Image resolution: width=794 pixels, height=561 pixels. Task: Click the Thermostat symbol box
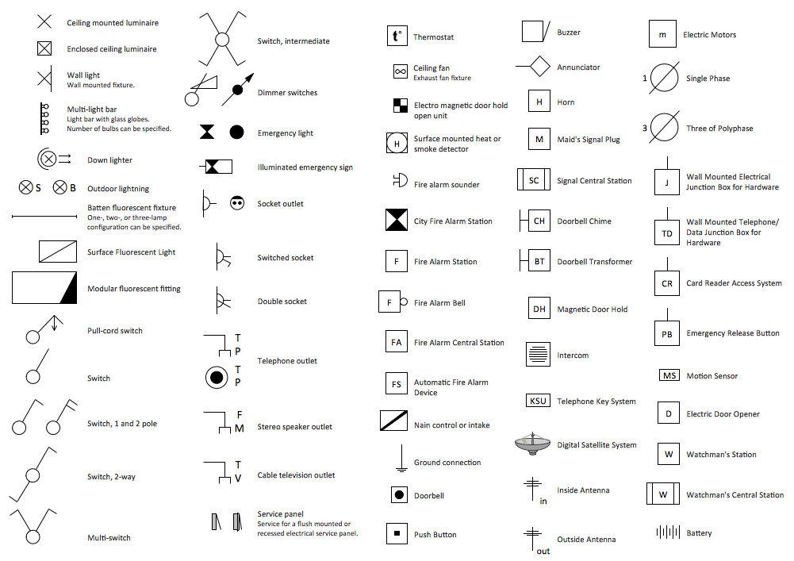(397, 37)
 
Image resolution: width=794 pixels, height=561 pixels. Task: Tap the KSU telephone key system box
(538, 401)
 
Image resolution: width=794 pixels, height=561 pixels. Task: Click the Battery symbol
(669, 532)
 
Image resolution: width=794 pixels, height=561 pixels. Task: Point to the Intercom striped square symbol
(538, 354)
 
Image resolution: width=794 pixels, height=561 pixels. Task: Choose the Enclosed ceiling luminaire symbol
(44, 49)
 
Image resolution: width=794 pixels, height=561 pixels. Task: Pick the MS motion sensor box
(669, 375)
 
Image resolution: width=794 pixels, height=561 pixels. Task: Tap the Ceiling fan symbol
(400, 72)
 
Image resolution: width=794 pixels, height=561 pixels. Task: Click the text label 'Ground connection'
(447, 463)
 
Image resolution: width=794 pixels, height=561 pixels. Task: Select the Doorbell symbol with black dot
(400, 495)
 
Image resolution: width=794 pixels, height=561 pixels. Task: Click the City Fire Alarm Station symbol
(397, 221)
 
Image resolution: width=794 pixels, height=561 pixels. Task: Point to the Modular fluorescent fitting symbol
(45, 288)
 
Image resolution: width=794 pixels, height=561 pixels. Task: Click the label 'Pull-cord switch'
(115, 331)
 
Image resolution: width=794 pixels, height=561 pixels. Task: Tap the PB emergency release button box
(667, 334)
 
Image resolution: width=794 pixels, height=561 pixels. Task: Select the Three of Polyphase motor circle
(665, 128)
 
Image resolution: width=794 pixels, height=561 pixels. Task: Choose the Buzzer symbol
(535, 32)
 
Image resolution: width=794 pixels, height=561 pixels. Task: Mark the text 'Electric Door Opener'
(723, 414)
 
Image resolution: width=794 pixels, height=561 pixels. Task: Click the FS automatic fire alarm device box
(397, 385)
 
